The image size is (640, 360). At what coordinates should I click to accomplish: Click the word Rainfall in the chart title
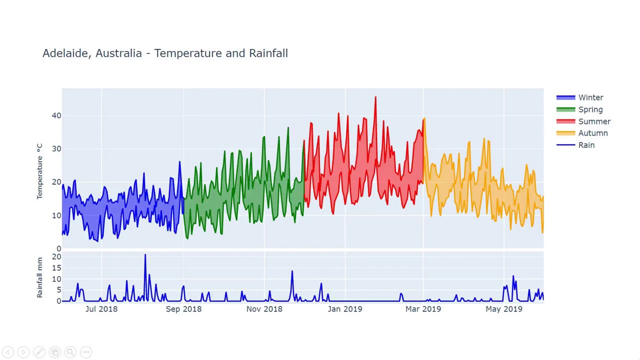(x=268, y=53)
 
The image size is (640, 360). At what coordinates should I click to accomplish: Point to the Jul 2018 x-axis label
(x=101, y=309)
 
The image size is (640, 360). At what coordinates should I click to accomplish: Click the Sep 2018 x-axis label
(x=183, y=309)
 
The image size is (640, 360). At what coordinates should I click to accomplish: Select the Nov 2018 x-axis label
(x=264, y=309)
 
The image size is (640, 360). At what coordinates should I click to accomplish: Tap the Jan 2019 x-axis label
(x=345, y=309)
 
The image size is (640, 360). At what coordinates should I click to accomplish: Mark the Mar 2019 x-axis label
(x=423, y=309)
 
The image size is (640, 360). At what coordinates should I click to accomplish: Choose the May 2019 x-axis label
(x=503, y=309)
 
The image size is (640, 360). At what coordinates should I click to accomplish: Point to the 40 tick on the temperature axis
(x=56, y=115)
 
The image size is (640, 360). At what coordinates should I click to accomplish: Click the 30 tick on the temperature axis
(x=56, y=149)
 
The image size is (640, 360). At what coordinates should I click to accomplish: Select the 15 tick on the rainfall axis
(x=56, y=268)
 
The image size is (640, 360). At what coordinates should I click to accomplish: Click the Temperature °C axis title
(x=39, y=171)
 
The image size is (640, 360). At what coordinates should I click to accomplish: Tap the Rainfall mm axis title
(x=39, y=277)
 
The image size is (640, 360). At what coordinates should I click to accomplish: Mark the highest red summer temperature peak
(x=375, y=97)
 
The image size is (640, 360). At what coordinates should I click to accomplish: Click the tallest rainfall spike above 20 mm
(x=145, y=255)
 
